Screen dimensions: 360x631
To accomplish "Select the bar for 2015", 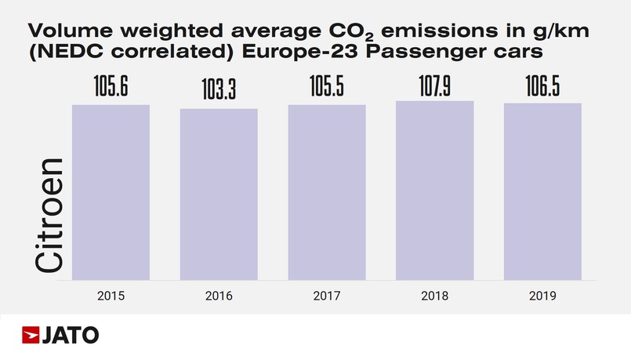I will coord(111,192).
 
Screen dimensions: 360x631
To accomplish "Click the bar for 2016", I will coord(219,194).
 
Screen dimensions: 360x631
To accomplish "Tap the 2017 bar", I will coord(327,192).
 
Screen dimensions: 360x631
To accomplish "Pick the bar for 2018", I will coord(434,191).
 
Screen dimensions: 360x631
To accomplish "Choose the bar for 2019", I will coord(542,191).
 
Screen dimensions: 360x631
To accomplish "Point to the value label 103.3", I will coord(219,93).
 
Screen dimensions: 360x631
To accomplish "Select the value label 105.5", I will coord(327,88).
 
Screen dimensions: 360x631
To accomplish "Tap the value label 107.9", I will coord(434,85).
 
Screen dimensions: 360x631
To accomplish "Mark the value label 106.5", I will coord(542,88).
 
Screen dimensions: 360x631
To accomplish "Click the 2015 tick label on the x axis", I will coord(111,296).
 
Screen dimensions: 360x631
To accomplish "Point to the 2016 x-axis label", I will coord(219,296).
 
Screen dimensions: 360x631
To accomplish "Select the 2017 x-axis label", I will coord(327,296).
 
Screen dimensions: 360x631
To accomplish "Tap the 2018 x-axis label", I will coord(434,296).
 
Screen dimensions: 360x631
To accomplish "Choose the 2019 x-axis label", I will coord(542,296).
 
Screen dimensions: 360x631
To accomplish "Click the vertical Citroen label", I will coord(50,216).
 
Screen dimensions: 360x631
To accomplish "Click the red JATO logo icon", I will coord(31,335).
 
